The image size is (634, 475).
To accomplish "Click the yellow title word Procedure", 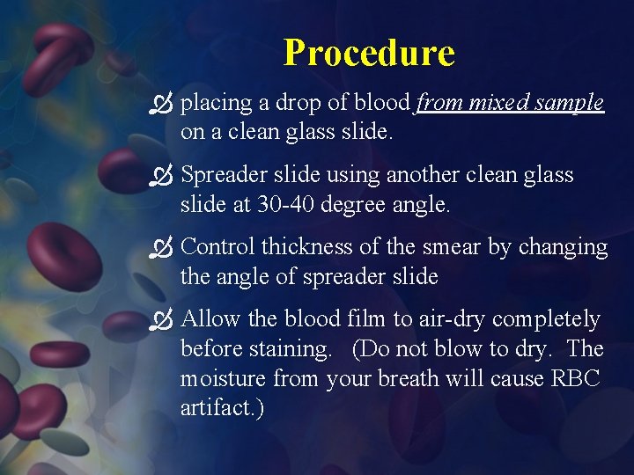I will point(369,53).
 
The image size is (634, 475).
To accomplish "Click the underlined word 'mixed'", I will point(499,103).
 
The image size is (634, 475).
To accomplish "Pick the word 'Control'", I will point(217,247).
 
